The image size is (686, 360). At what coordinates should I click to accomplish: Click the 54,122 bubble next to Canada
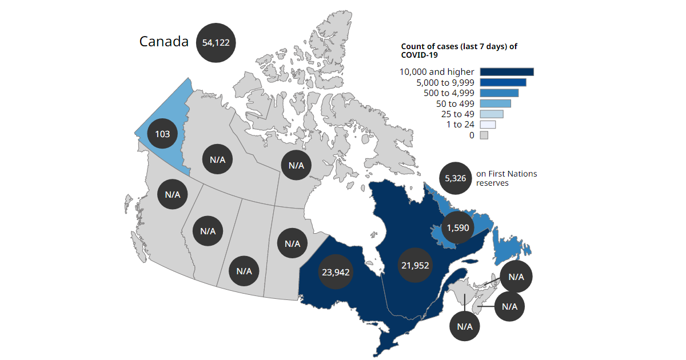pyautogui.click(x=216, y=42)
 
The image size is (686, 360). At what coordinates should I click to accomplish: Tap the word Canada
pyautogui.click(x=164, y=42)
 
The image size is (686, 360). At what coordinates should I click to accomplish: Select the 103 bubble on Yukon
pyautogui.click(x=162, y=134)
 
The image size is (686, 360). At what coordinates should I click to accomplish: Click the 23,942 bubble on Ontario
pyautogui.click(x=336, y=272)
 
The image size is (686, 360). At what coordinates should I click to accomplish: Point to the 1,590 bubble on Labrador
pyautogui.click(x=458, y=227)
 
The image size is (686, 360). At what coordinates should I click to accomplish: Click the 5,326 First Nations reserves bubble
pyautogui.click(x=455, y=178)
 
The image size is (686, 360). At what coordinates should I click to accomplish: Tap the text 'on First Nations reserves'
pyautogui.click(x=506, y=178)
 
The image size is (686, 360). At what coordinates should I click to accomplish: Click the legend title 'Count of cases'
pyautogui.click(x=458, y=50)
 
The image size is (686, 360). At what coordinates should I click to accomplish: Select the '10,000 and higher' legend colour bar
pyautogui.click(x=506, y=72)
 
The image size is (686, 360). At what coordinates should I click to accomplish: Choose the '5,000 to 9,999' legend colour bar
pyautogui.click(x=502, y=83)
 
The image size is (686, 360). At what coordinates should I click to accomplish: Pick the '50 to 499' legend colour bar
pyautogui.click(x=495, y=103)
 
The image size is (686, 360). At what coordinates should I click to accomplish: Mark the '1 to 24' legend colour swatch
pyautogui.click(x=487, y=125)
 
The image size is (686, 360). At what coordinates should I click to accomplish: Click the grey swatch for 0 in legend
pyautogui.click(x=484, y=135)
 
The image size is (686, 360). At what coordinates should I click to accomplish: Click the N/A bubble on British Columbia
pyautogui.click(x=173, y=194)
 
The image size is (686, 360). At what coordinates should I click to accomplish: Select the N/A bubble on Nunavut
pyautogui.click(x=296, y=166)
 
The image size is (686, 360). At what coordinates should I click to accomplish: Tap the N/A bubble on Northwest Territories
pyautogui.click(x=217, y=159)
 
